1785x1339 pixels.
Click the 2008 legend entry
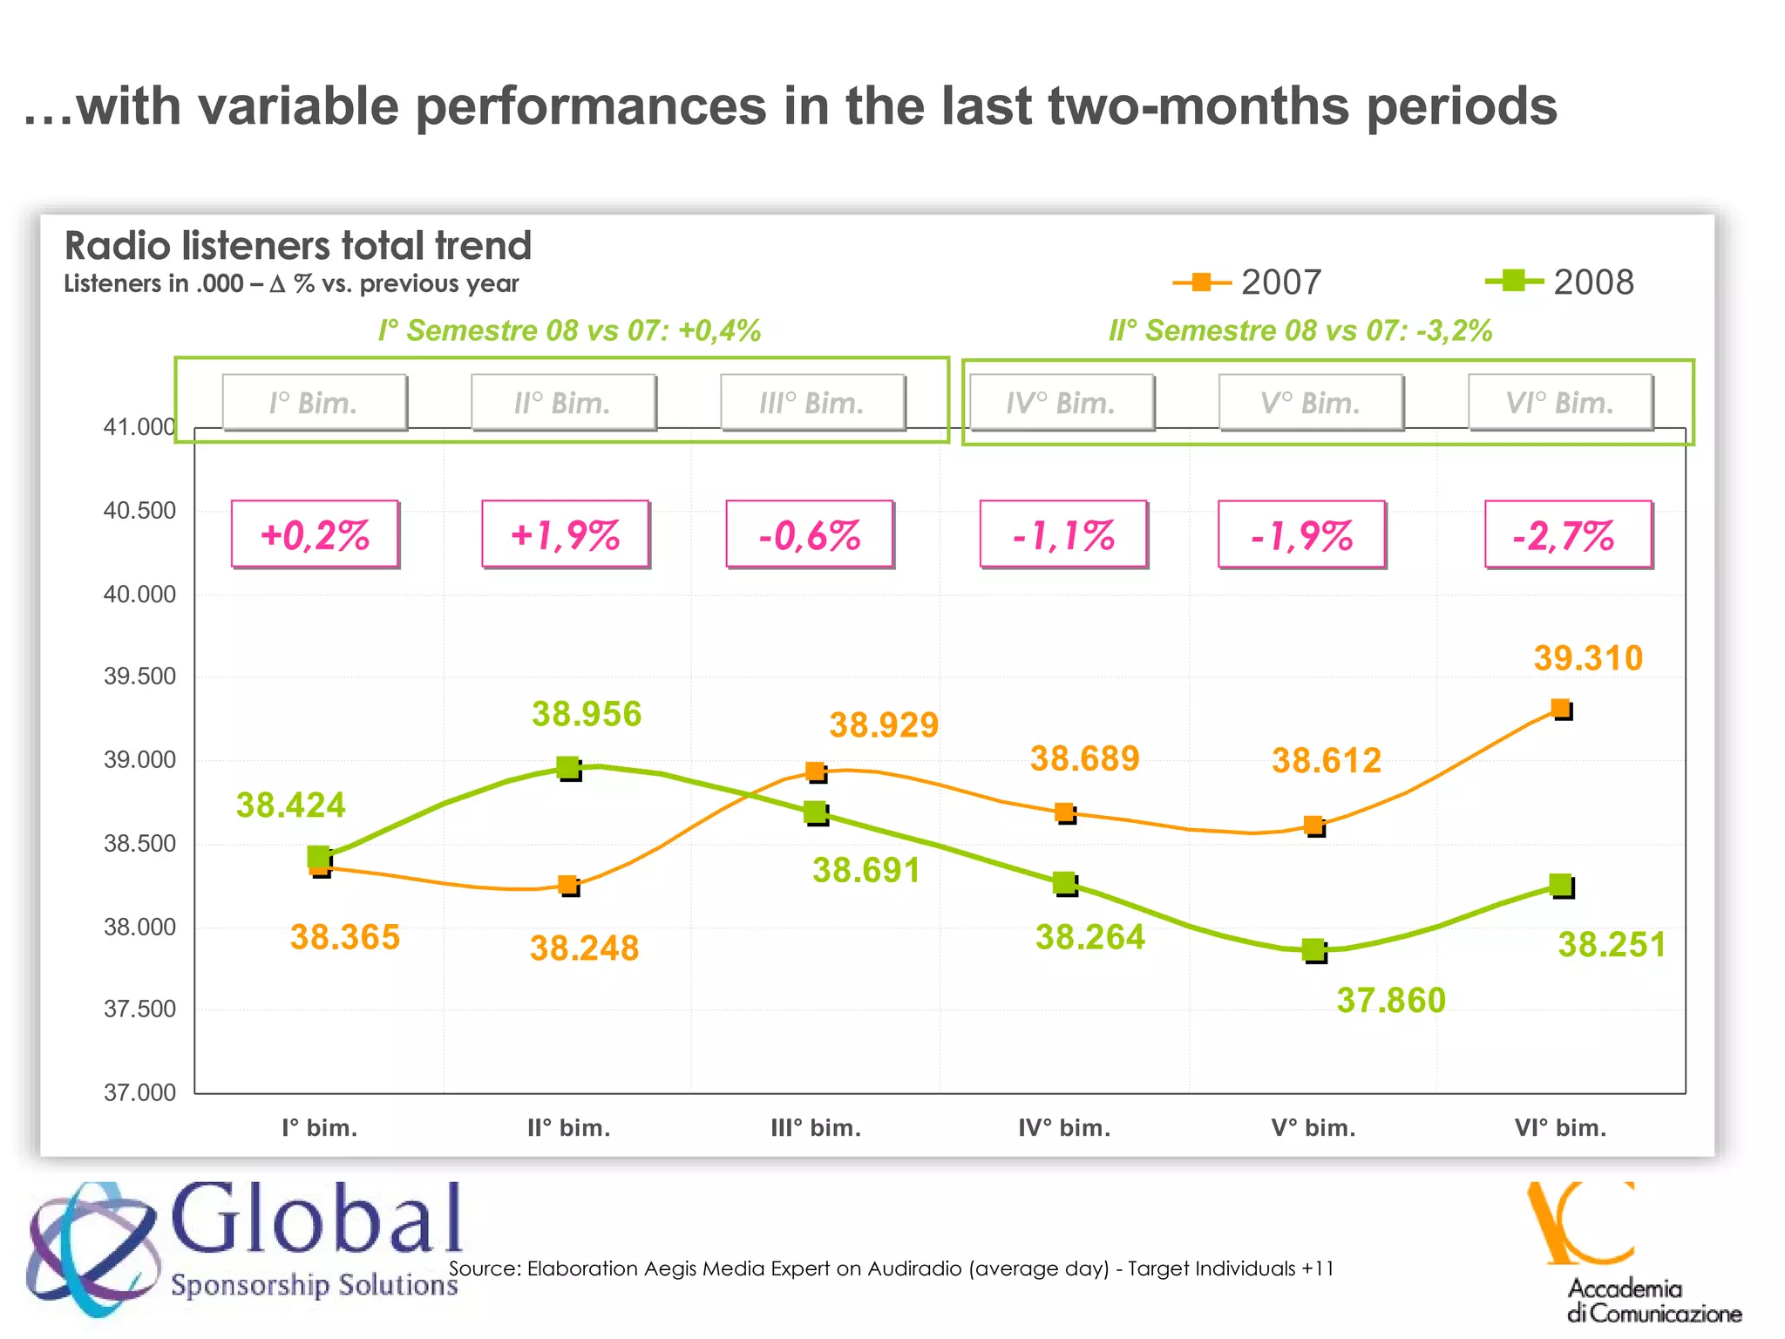pyautogui.click(x=1560, y=282)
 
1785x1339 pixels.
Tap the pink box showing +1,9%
pyautogui.click(x=565, y=534)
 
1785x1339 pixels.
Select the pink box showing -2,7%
pyautogui.click(x=1567, y=534)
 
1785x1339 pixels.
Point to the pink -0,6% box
pyautogui.click(x=810, y=534)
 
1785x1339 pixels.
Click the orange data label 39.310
pyautogui.click(x=1588, y=658)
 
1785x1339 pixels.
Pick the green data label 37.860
pyautogui.click(x=1391, y=1000)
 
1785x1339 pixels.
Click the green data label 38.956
pyautogui.click(x=587, y=714)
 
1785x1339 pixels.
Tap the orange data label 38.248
pyautogui.click(x=584, y=948)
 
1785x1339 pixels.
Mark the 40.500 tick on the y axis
pyautogui.click(x=139, y=511)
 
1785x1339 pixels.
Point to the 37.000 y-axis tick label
pyautogui.click(x=139, y=1092)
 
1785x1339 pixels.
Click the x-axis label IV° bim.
pyautogui.click(x=1064, y=1128)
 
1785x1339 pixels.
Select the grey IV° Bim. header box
pyautogui.click(x=1062, y=403)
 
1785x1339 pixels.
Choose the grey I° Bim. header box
pyautogui.click(x=314, y=403)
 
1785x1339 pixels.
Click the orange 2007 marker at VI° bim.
pyautogui.click(x=1561, y=708)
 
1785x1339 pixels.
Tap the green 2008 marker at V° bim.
pyautogui.click(x=1313, y=949)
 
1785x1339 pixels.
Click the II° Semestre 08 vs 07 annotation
pyautogui.click(x=1300, y=330)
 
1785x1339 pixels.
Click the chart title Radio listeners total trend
pyautogui.click(x=298, y=246)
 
